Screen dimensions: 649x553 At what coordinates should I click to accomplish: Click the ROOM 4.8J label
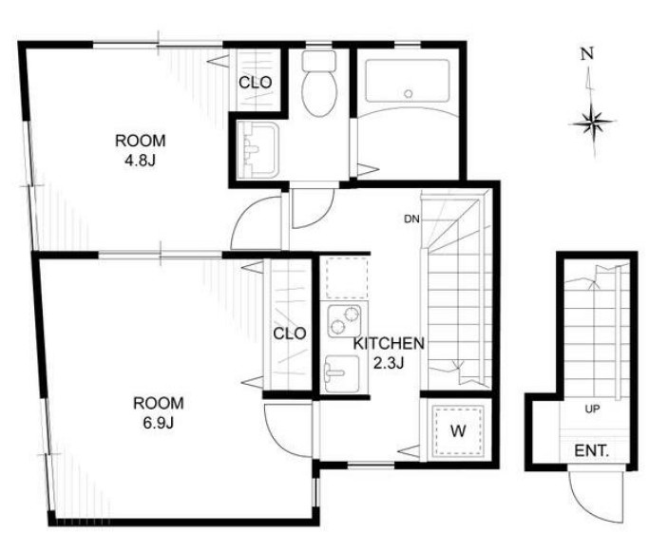pos(141,150)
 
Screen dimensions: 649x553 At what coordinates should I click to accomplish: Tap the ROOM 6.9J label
pos(159,412)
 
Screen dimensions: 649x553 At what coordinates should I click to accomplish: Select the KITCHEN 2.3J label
pos(389,353)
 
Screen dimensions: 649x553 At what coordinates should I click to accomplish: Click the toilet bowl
pos(319,93)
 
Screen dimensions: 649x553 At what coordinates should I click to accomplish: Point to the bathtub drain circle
pos(409,93)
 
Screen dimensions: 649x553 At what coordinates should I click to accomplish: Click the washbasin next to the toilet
pos(258,150)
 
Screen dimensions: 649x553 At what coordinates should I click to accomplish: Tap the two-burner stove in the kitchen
pos(344,320)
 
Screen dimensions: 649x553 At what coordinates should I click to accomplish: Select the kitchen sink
pos(342,373)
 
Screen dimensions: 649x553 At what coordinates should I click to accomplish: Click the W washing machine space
pos(458,430)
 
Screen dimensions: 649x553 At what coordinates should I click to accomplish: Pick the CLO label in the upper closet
pos(256,83)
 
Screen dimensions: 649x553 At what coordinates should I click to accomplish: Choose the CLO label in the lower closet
pos(290,334)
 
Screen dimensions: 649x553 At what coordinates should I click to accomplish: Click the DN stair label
pos(411,219)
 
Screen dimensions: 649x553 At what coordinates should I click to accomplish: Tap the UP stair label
pos(592,409)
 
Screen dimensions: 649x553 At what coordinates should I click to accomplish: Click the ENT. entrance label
pos(591,450)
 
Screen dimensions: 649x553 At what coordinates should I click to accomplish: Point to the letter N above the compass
pos(587,53)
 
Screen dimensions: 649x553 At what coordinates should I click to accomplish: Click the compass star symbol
pos(593,123)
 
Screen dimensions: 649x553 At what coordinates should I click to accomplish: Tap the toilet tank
pos(318,61)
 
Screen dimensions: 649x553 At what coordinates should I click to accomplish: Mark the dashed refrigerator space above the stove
pos(347,277)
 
